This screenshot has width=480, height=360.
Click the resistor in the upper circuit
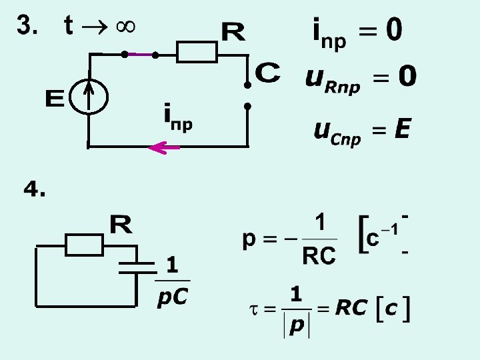tap(197, 51)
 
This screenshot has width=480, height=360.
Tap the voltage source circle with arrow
tap(89, 99)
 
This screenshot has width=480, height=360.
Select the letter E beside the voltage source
tap(54, 99)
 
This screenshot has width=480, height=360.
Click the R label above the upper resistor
tap(233, 31)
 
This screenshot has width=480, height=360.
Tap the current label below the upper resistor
tap(178, 118)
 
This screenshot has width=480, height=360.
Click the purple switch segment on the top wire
tap(139, 54)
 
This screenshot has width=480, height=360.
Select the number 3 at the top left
tap(25, 27)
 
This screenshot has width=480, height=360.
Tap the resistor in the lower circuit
tap(84, 245)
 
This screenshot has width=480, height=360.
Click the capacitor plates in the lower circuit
tap(137, 267)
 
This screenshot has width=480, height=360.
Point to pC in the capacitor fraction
tap(173, 297)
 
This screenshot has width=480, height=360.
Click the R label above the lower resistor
tap(121, 225)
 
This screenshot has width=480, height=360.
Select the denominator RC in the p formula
tap(319, 255)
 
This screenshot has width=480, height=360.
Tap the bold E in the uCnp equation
tap(401, 129)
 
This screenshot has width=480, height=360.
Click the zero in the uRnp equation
tap(406, 78)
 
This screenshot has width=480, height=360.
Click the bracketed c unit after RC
tap(393, 308)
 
